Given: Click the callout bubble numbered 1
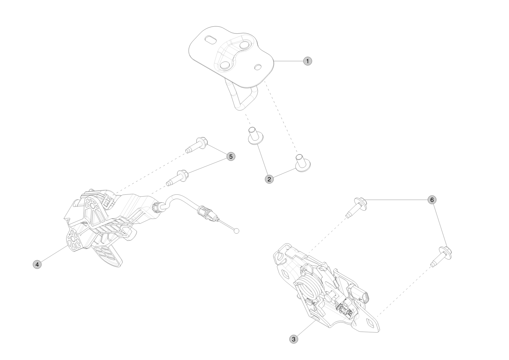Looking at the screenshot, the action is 307,61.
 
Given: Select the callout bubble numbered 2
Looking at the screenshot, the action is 269,179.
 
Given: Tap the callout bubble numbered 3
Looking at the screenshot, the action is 294,339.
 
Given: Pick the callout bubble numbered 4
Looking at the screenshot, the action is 37,264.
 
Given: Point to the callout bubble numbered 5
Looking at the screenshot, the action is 231,157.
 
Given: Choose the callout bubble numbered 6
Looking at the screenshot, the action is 432,200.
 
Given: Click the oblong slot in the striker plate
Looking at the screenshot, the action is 211,40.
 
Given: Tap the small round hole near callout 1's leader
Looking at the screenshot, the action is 258,67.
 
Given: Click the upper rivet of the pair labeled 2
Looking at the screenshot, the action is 256,136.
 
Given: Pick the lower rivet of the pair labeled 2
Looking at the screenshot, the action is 303,163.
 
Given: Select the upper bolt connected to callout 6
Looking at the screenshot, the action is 356,207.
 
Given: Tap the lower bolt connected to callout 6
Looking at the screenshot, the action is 441,257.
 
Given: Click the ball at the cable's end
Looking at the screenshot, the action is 237,231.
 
